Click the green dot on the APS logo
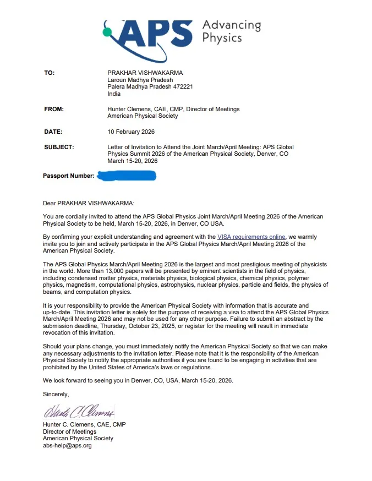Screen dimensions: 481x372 click(108, 32)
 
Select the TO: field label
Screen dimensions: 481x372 click(50, 73)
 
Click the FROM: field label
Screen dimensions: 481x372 click(54, 109)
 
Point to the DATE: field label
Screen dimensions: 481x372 click(53, 132)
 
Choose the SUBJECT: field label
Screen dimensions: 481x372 click(59, 147)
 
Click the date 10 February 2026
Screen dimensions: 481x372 click(131, 132)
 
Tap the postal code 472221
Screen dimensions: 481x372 click(183, 86)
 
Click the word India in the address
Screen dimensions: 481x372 click(114, 94)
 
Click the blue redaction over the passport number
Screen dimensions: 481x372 click(127, 176)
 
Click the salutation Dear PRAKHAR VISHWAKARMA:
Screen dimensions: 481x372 click(88, 203)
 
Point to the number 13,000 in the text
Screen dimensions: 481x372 click(142, 271)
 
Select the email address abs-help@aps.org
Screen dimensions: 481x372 click(67, 445)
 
